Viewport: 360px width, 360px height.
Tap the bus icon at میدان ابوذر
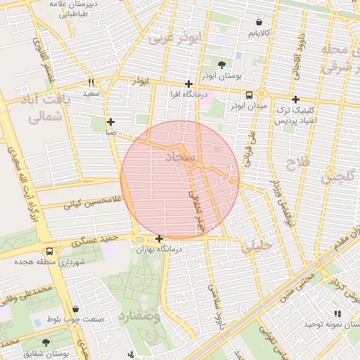pos(249,96)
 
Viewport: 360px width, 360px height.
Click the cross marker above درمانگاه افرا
pos(188,84)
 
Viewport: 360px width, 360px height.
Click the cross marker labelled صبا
pos(110,122)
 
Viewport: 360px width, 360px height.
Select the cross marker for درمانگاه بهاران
pos(160,239)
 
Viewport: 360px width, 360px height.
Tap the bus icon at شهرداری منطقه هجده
pos(49,251)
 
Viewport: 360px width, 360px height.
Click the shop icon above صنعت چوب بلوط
pos(76,309)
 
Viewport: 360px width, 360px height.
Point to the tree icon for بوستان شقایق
pos(65,343)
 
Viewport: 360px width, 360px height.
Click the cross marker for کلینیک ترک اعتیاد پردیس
pos(295,100)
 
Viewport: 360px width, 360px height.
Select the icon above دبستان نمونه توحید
pos(337,314)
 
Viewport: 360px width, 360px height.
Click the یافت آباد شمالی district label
pos(49,108)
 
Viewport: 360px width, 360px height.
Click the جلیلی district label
pos(255,247)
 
